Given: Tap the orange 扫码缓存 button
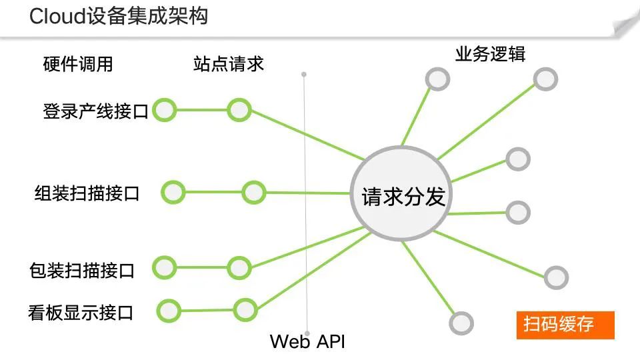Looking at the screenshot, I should click(565, 325).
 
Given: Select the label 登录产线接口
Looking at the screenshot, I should click(95, 111).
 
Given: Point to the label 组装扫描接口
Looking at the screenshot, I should click(87, 193).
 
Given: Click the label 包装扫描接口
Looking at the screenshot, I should click(82, 270).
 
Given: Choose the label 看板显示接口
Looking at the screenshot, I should click(81, 311).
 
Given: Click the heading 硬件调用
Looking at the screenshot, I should click(77, 64).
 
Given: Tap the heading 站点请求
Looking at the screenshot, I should click(228, 63).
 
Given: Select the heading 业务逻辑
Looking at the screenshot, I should click(490, 54).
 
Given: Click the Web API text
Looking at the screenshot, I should click(307, 342).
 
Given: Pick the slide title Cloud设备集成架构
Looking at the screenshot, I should click(119, 16).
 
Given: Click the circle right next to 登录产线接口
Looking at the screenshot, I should click(163, 110).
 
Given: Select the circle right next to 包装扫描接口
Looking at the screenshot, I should click(164, 268).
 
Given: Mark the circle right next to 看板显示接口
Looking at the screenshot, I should click(169, 310).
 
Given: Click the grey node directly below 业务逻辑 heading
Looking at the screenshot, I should click(437, 79).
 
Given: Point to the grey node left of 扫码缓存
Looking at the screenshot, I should click(461, 323).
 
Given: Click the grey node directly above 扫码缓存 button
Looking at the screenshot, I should click(555, 277).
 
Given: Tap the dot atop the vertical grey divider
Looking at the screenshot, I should click(304, 74).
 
